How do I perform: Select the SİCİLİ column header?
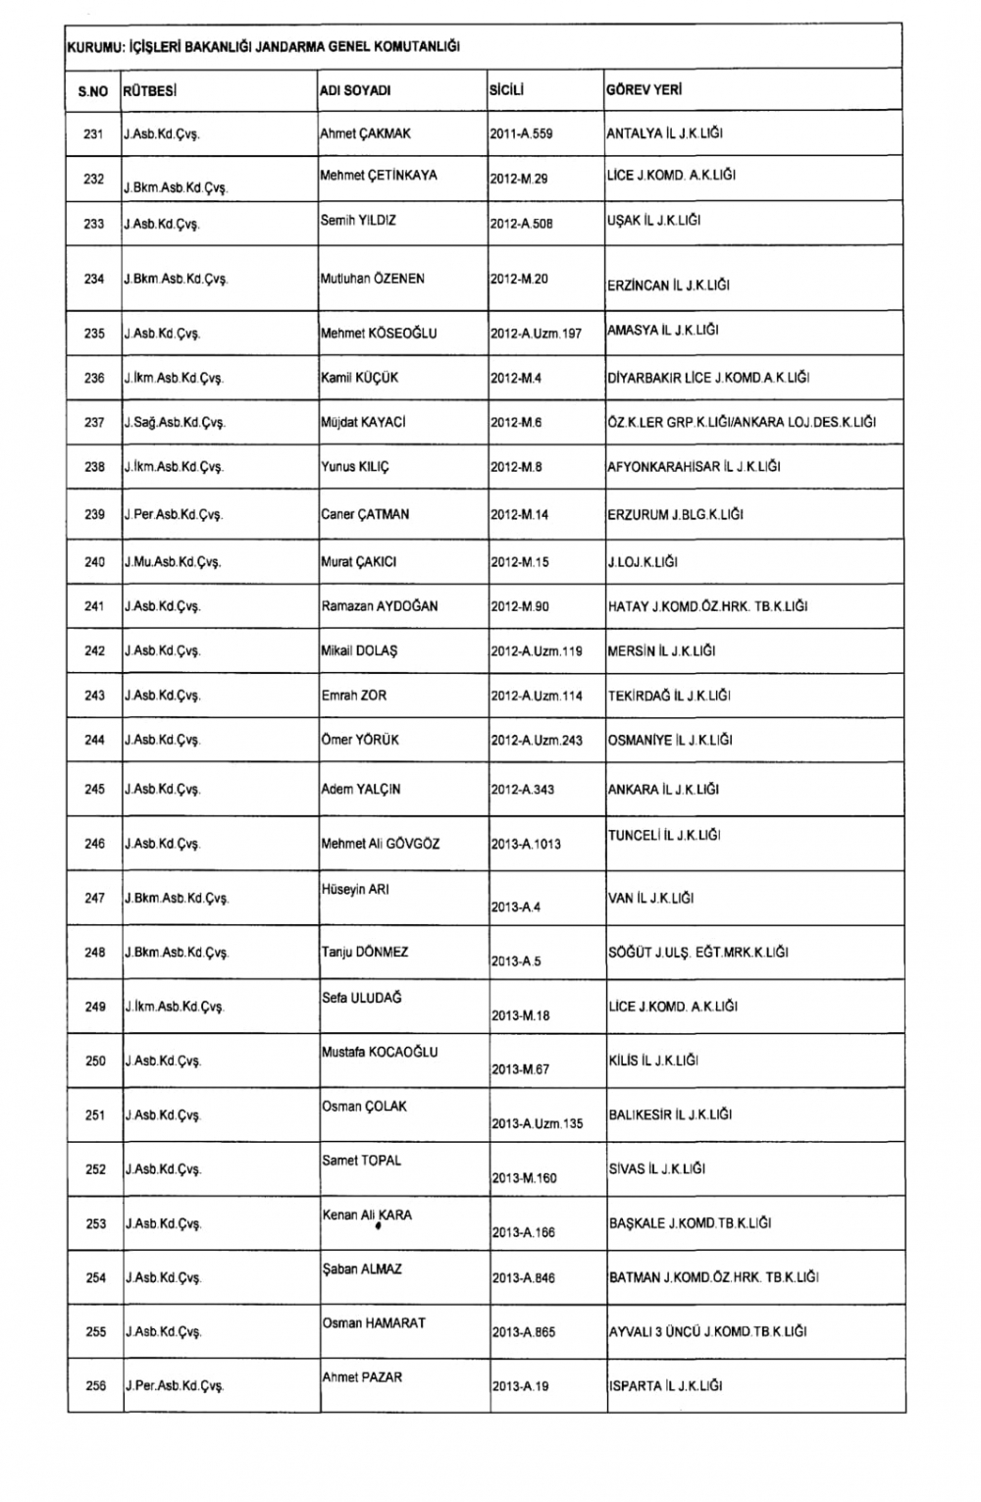tap(506, 90)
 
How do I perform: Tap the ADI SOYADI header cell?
tap(355, 90)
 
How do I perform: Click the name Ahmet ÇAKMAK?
tap(365, 133)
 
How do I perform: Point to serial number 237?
tap(94, 423)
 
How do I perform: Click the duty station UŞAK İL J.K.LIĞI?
tap(653, 221)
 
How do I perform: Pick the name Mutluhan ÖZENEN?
tap(372, 279)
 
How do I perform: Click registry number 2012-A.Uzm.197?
tap(536, 334)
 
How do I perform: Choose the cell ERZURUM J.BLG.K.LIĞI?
tap(675, 514)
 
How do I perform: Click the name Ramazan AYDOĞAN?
tap(380, 606)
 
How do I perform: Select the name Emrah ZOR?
tap(353, 696)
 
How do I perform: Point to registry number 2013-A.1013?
tap(526, 844)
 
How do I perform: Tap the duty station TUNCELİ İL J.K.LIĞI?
tap(664, 835)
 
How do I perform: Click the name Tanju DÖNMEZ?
tap(365, 952)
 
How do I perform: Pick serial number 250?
tap(95, 1061)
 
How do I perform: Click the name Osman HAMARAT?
tap(374, 1322)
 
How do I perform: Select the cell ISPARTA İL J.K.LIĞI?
tap(665, 1386)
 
